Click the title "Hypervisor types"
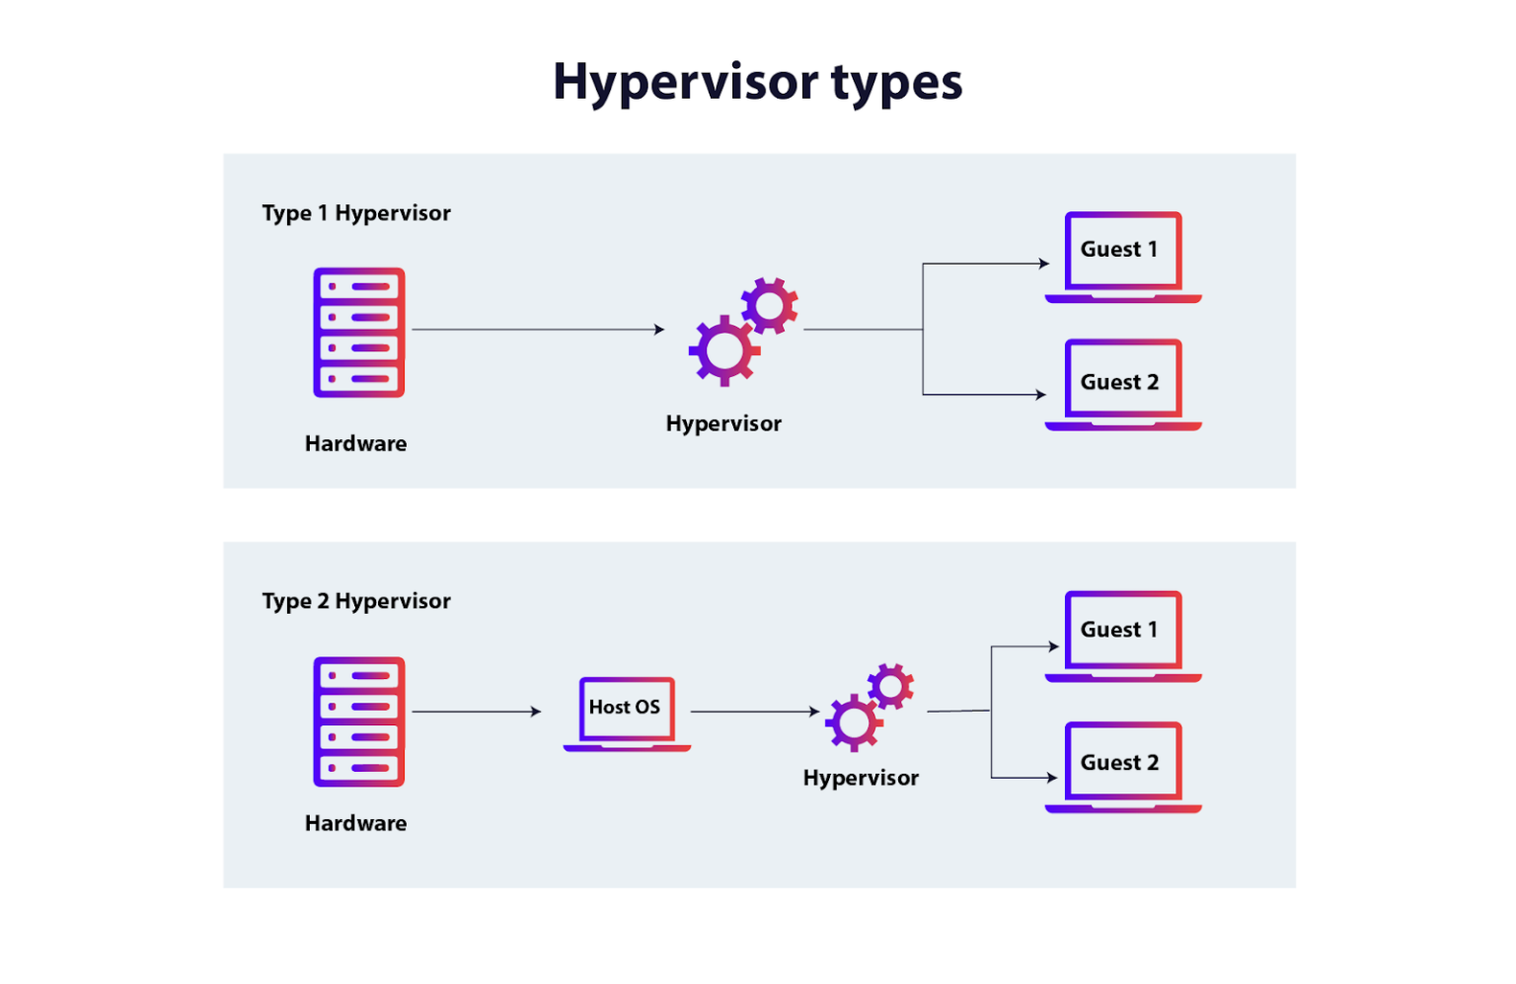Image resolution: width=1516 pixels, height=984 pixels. click(757, 82)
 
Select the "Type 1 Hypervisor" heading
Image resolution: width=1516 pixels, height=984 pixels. click(356, 213)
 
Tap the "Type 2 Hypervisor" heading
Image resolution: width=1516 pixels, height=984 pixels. click(356, 601)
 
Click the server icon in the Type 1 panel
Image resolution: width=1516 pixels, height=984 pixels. click(359, 333)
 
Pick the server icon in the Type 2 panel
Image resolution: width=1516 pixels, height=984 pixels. click(359, 721)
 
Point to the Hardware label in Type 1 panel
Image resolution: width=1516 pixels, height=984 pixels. click(355, 444)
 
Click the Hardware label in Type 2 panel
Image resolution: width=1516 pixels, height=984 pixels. click(355, 823)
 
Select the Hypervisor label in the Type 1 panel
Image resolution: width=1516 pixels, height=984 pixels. click(723, 423)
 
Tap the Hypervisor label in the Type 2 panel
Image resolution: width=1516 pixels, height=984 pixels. click(861, 778)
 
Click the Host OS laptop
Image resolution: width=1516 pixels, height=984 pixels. click(626, 713)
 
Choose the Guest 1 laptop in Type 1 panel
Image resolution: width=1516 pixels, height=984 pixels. click(1122, 256)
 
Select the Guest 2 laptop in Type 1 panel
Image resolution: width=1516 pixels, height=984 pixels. click(1122, 385)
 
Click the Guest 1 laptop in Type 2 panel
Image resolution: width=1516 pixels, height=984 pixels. click(1122, 636)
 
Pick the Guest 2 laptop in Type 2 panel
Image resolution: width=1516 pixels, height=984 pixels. click(1122, 767)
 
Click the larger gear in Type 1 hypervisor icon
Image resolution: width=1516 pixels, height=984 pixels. click(724, 350)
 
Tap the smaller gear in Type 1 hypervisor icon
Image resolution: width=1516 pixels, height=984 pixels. click(770, 305)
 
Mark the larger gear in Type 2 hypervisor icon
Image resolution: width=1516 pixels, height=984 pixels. click(854, 722)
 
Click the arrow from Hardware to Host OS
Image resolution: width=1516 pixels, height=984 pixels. click(477, 712)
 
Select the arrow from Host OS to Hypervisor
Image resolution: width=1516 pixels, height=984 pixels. click(755, 712)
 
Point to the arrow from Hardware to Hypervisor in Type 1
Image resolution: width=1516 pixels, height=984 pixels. click(538, 330)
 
